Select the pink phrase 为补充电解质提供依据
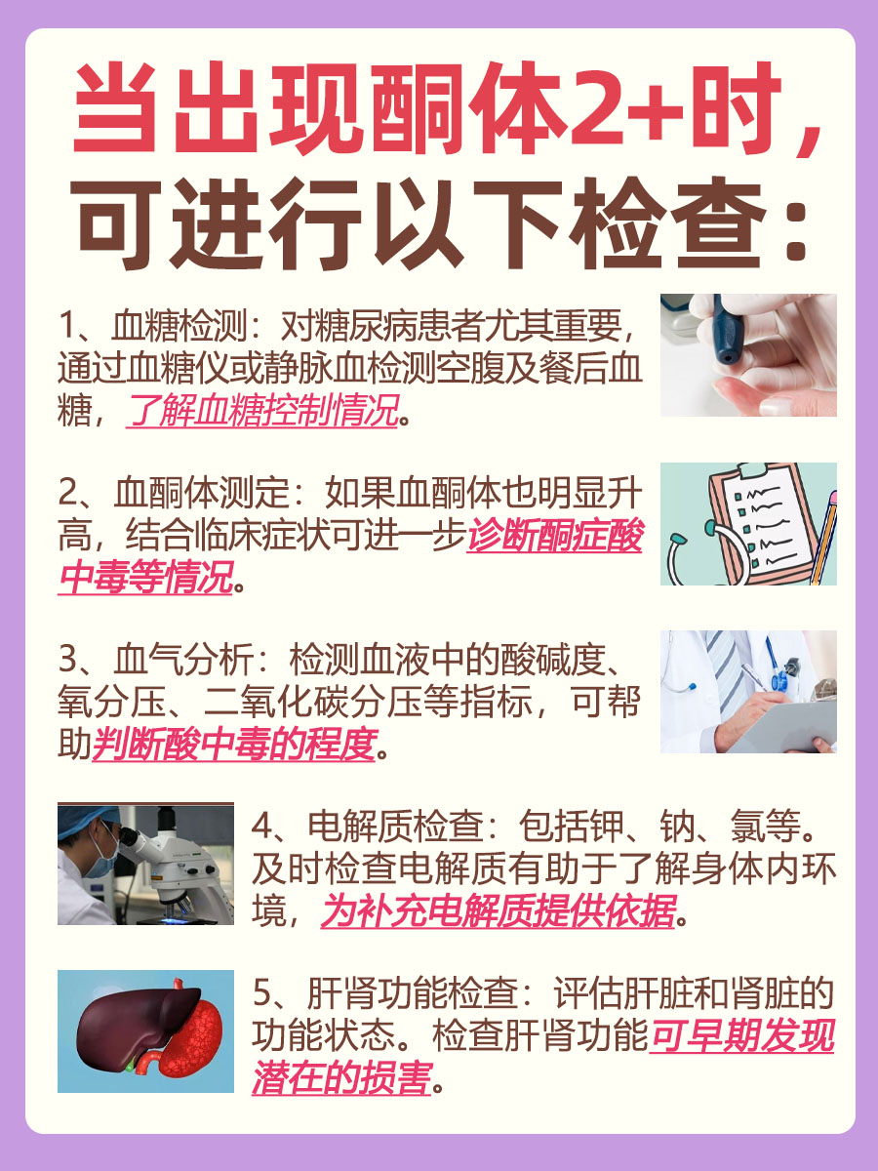pyautogui.click(x=499, y=914)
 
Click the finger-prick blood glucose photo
pyautogui.click(x=748, y=355)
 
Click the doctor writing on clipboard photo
pyautogui.click(x=748, y=692)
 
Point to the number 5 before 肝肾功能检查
pyautogui.click(x=260, y=996)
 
